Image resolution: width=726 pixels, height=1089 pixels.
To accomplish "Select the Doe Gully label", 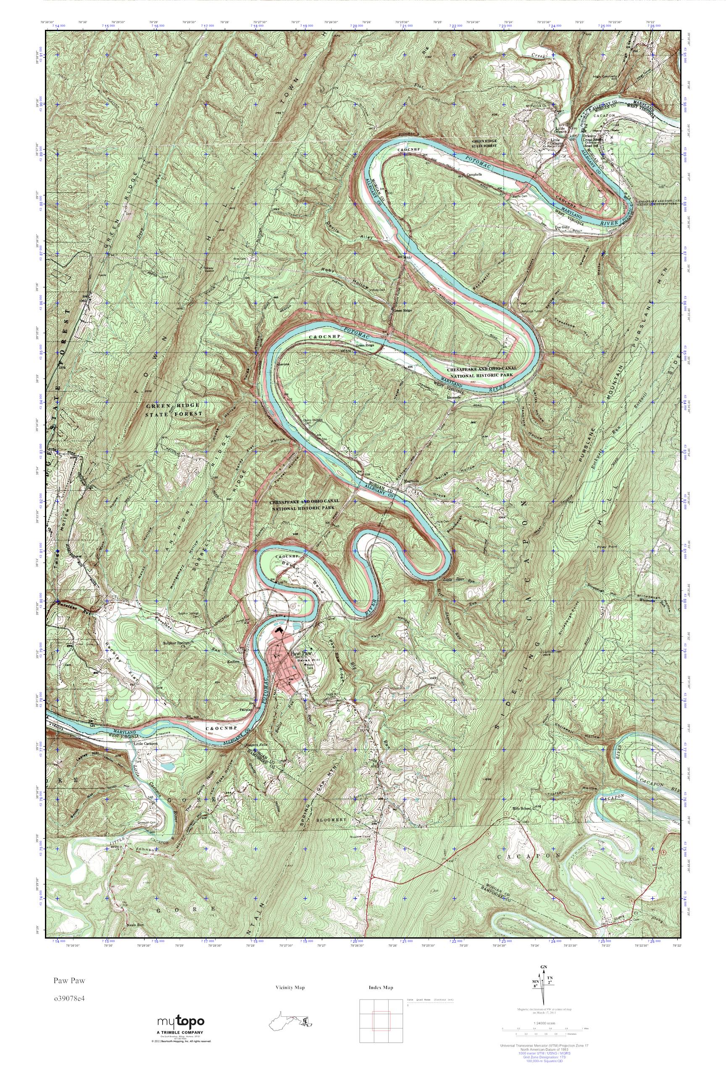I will (562, 227).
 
